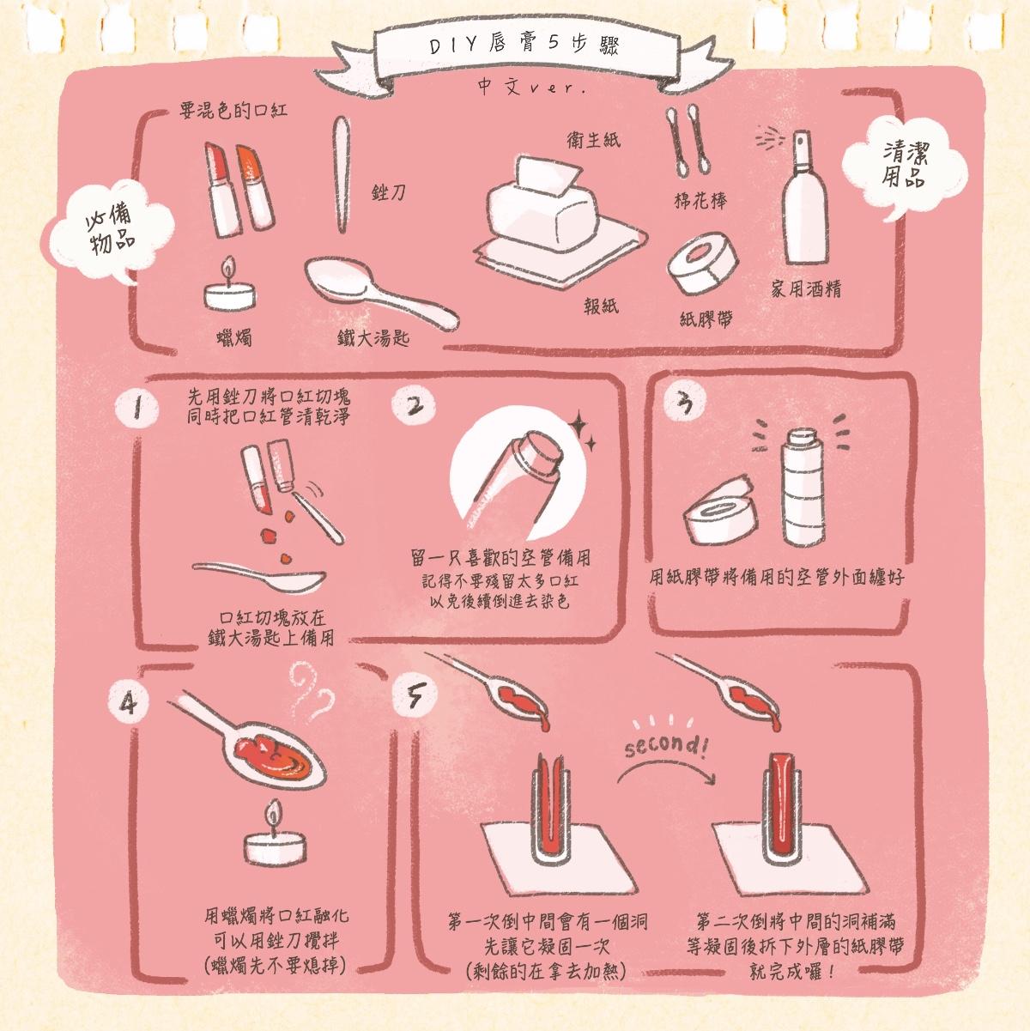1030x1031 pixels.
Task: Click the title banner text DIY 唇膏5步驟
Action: [x=524, y=45]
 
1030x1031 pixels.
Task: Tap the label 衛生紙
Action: [x=593, y=140]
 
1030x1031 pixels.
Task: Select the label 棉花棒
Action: [x=700, y=201]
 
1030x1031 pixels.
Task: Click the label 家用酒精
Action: [x=806, y=288]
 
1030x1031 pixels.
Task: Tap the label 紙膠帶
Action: [x=706, y=319]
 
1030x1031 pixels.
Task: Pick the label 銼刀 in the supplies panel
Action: [x=389, y=192]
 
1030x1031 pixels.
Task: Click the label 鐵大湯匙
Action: [x=373, y=338]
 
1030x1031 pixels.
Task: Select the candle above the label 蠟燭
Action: [x=230, y=286]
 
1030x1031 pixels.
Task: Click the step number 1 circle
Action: [x=137, y=409]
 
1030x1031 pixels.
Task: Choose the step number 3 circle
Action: [x=684, y=401]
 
